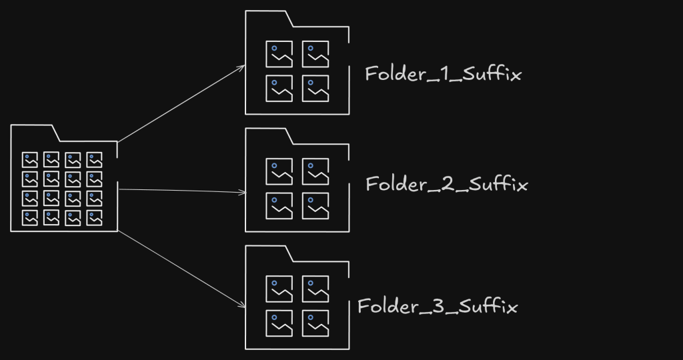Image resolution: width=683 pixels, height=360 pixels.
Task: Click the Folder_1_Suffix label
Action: tap(442, 73)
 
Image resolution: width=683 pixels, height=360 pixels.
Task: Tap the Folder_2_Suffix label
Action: tap(446, 184)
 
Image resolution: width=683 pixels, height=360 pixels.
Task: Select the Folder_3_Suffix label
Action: tap(438, 307)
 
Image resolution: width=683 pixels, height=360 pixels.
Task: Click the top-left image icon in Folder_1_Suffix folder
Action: tap(279, 54)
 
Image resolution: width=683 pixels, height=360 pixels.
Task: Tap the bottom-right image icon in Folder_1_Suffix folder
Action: tap(315, 89)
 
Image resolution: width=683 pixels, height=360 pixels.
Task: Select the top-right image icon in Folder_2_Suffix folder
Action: tap(315, 171)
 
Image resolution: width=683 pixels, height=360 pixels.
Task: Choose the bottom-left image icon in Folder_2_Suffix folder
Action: tap(279, 206)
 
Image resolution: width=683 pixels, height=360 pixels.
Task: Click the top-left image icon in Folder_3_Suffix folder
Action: tap(279, 289)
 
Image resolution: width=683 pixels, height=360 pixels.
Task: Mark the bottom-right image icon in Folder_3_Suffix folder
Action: tap(315, 323)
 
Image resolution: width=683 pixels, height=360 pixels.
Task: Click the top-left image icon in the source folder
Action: tap(30, 160)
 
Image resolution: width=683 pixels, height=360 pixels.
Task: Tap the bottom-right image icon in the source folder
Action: tap(94, 218)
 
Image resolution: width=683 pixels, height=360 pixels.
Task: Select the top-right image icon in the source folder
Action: tap(94, 160)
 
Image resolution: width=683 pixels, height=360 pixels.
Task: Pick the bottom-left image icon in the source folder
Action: tap(30, 218)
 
